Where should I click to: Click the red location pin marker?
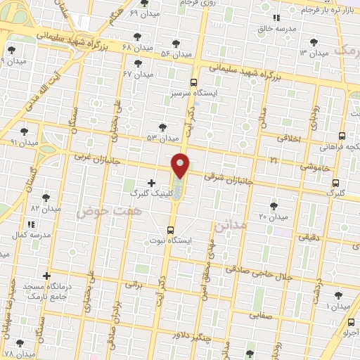[181, 165]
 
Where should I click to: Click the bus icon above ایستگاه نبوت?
[172, 230]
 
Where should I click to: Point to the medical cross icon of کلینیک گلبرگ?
[152, 182]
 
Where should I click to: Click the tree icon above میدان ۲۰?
[274, 205]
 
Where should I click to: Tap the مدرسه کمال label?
[34, 234]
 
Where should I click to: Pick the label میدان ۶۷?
[137, 73]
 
